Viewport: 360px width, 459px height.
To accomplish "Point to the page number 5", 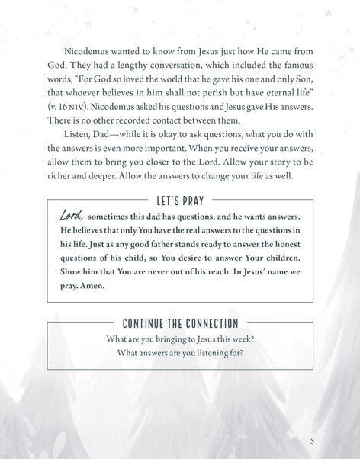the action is point(313,441).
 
